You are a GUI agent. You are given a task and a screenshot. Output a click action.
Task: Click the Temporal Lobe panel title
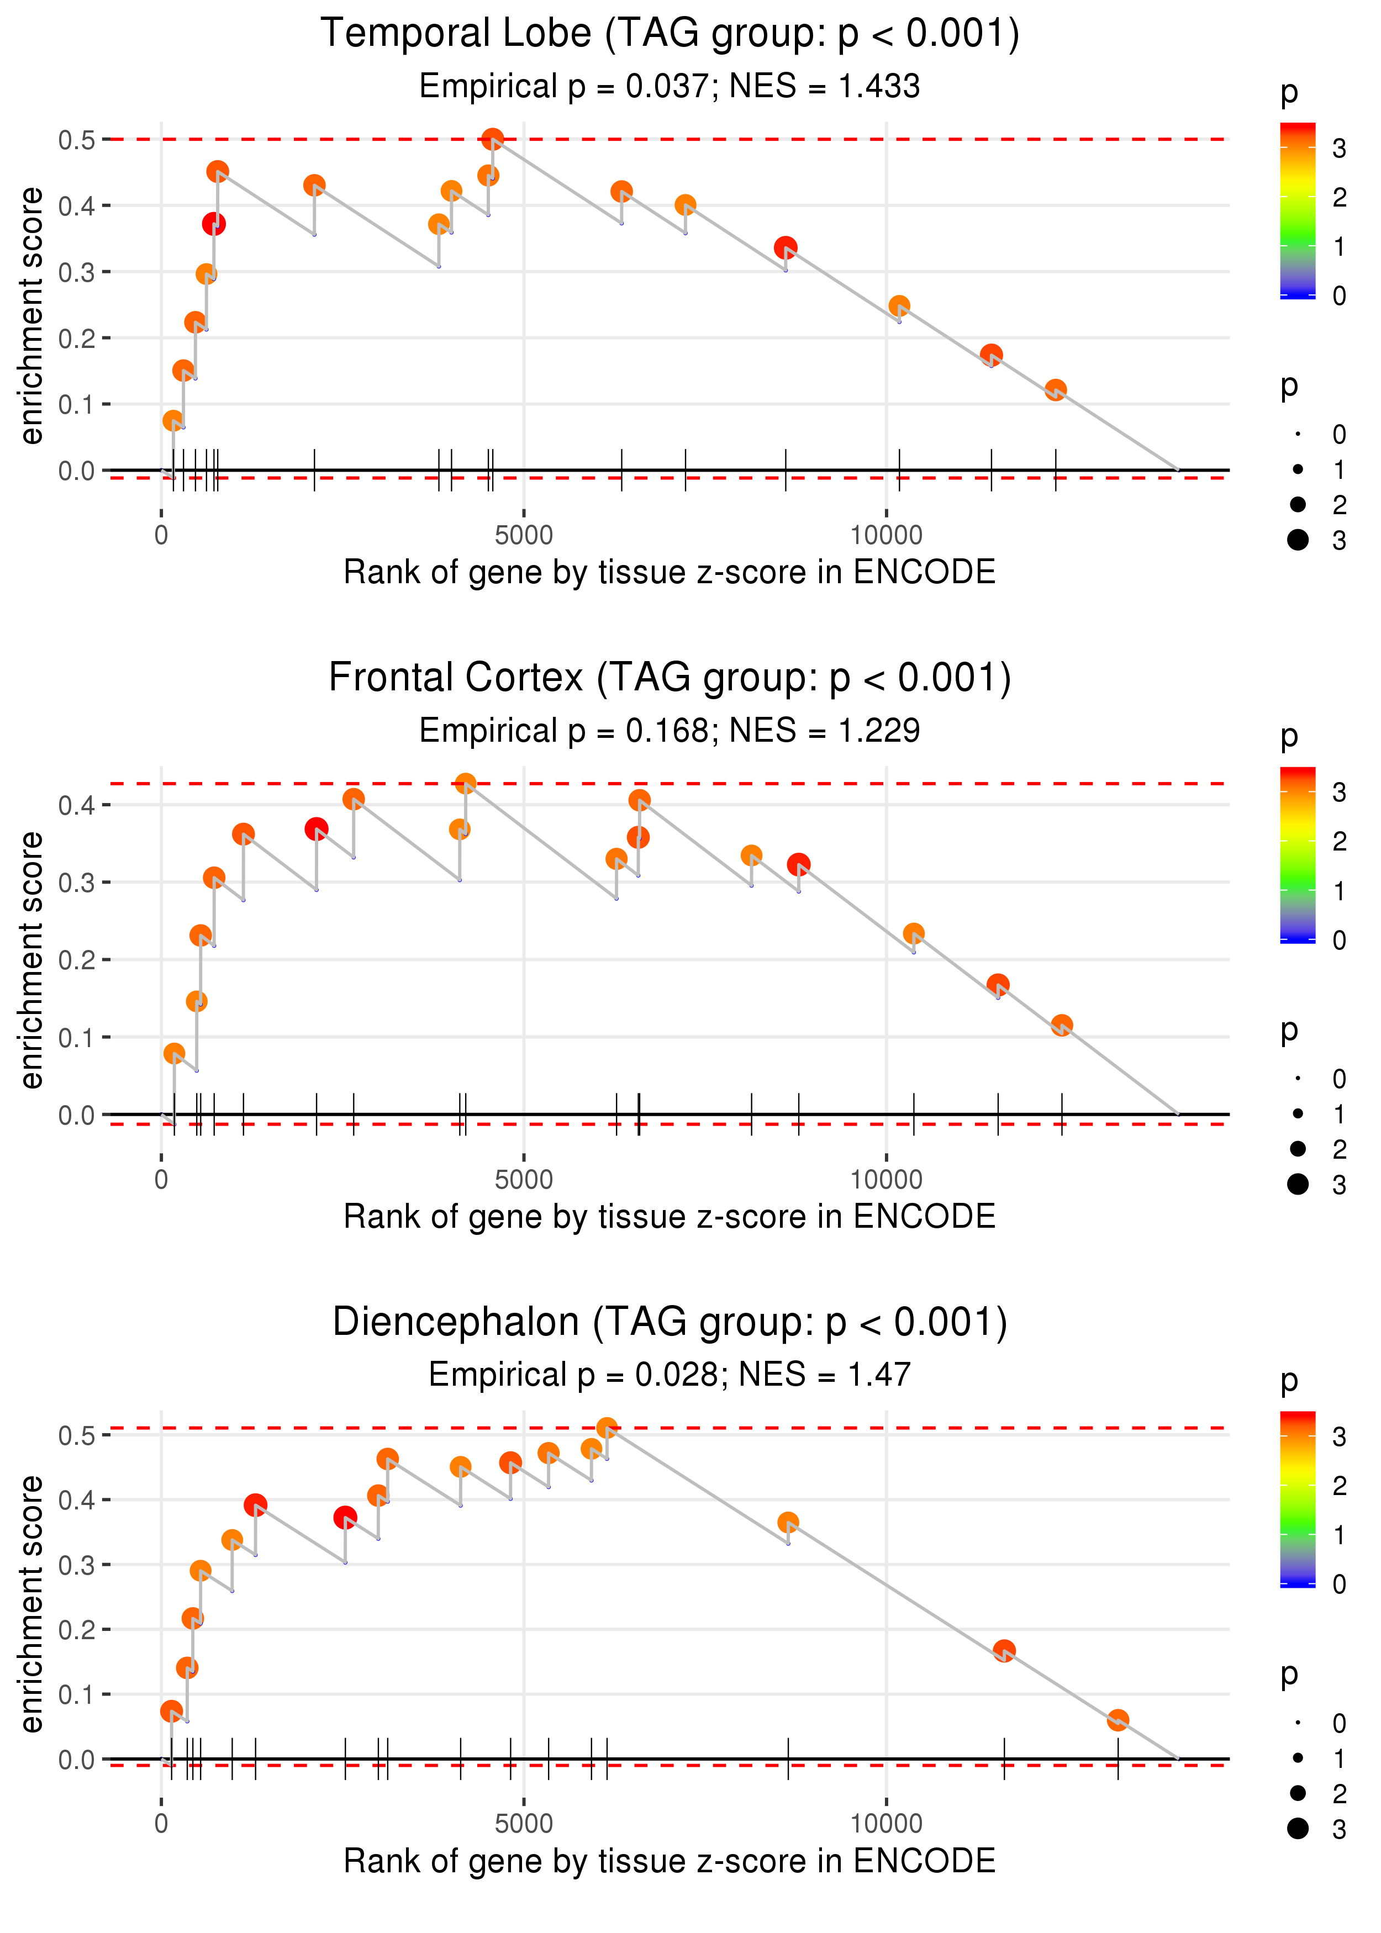[670, 34]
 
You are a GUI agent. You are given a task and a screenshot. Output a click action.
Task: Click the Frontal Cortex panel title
[670, 678]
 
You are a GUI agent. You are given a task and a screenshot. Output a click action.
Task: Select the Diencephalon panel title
[670, 1323]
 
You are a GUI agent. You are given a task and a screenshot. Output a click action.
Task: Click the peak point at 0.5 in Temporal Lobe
[492, 139]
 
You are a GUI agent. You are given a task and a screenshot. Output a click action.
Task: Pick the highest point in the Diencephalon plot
[607, 1428]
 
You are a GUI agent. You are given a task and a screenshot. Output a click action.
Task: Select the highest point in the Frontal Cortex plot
[465, 784]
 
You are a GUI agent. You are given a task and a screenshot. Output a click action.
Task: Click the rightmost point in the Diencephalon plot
[1118, 1720]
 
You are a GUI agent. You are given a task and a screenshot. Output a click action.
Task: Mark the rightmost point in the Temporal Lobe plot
[1055, 390]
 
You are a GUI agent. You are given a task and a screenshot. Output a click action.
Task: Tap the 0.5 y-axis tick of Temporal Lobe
[77, 139]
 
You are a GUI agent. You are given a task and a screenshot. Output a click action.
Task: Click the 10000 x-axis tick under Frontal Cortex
[886, 1180]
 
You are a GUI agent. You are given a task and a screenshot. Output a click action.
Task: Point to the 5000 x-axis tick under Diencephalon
[524, 1824]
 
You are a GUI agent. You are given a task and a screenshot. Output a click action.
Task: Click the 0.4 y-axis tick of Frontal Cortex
[77, 805]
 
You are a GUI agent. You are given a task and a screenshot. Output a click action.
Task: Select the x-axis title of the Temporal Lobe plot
[670, 573]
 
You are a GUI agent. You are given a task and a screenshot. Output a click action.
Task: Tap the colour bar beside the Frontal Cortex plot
[1297, 854]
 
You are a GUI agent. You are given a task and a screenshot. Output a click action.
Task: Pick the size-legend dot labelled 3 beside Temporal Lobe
[1298, 540]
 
